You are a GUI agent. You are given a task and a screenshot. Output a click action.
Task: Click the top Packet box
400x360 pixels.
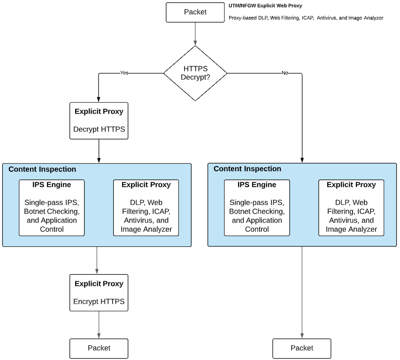click(195, 12)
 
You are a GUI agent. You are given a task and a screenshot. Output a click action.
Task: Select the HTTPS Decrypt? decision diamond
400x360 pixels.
click(195, 73)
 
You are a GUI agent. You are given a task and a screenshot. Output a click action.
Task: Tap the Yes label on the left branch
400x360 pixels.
click(124, 73)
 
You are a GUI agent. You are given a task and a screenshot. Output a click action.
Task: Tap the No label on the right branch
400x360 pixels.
click(285, 73)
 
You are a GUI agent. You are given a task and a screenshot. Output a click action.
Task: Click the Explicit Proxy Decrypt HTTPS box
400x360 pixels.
click(99, 121)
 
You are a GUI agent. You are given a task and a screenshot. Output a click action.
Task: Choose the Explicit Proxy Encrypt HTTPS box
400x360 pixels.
click(99, 292)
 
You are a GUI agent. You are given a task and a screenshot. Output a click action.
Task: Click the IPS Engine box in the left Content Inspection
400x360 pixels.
click(52, 207)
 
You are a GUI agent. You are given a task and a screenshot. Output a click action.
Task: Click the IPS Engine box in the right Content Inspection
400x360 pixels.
click(257, 207)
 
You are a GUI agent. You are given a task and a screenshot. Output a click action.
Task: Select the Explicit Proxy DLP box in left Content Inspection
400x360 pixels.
click(146, 207)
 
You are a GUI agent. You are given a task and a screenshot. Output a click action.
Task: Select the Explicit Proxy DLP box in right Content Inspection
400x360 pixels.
click(351, 207)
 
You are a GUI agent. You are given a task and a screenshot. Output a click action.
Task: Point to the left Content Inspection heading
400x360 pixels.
click(42, 169)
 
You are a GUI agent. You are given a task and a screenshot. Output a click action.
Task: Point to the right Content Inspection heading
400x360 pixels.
click(247, 169)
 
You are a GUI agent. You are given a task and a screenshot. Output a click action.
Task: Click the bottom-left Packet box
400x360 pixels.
click(99, 348)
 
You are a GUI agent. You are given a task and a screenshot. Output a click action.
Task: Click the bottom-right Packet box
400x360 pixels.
click(301, 348)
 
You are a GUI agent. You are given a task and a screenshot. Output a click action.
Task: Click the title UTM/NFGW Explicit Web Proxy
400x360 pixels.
click(265, 6)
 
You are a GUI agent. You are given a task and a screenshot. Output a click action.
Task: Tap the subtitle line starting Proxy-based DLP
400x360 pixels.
click(306, 18)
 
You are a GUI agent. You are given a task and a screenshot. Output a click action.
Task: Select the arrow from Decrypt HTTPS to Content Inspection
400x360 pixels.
click(99, 151)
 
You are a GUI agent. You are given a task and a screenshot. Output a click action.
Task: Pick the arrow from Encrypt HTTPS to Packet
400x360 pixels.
click(99, 325)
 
